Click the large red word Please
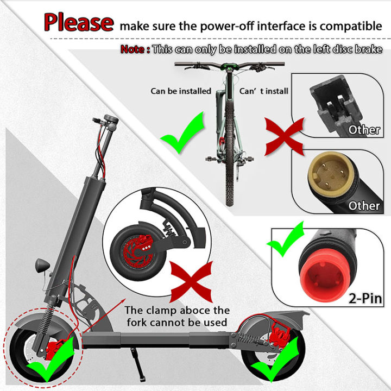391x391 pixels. [79, 23]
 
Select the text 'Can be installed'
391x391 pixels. [180, 91]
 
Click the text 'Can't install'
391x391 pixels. [264, 91]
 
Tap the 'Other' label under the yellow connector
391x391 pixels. [364, 205]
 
